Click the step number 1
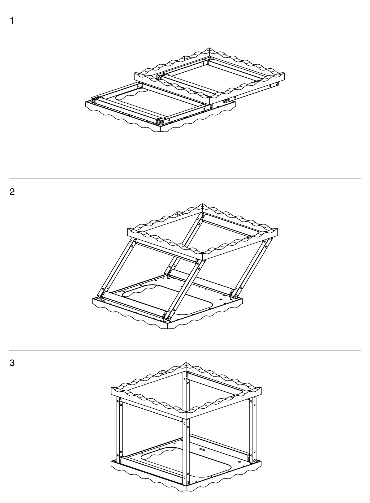click(12, 21)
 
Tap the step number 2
click(12, 192)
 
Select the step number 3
click(12, 363)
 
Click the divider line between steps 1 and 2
click(185, 179)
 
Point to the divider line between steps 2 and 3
click(185, 350)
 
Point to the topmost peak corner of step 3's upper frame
click(186, 362)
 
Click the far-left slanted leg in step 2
click(117, 269)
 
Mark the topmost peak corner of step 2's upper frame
click(202, 204)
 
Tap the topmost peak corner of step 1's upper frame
click(210, 48)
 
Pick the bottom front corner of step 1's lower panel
click(161, 132)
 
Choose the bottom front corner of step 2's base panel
click(168, 328)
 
